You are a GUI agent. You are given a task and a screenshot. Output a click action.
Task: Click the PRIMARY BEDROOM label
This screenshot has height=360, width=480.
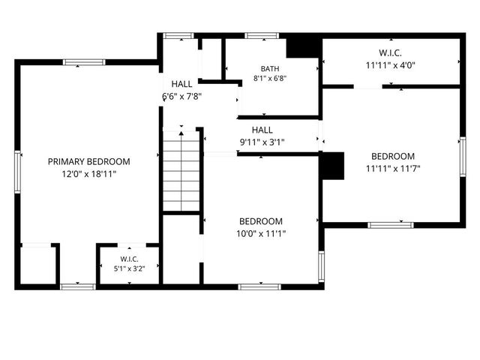[88, 161]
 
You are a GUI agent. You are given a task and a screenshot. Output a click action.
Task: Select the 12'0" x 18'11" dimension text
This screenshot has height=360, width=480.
[89, 174]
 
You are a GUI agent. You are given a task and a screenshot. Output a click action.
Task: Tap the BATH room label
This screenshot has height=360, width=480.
[270, 68]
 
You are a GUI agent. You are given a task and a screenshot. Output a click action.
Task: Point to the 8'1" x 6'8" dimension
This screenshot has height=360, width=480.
[270, 78]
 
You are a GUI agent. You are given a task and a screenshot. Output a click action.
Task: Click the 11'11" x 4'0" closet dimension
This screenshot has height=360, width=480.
[390, 65]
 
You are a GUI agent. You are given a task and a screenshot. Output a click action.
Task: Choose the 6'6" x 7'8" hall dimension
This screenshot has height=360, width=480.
[181, 97]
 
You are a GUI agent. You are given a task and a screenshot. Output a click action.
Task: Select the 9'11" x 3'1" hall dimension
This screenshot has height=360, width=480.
[262, 142]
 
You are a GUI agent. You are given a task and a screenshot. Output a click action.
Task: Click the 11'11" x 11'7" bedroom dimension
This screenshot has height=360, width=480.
[393, 168]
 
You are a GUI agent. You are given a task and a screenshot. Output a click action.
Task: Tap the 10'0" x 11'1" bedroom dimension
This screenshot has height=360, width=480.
[261, 233]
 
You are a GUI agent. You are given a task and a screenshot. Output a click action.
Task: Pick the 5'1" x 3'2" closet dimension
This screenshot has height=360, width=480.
[129, 268]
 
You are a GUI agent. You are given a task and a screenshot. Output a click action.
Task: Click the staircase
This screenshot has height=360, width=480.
[181, 171]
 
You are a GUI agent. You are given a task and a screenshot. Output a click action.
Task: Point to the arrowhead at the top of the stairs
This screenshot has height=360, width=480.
[181, 133]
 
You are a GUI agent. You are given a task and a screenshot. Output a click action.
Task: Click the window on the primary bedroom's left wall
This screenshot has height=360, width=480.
[18, 172]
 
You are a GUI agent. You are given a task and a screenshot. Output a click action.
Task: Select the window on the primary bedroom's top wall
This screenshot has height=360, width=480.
[84, 62]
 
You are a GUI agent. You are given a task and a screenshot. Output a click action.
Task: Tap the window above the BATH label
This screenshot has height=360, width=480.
[262, 35]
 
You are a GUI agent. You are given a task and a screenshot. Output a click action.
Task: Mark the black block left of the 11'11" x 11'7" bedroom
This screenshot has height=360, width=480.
[331, 166]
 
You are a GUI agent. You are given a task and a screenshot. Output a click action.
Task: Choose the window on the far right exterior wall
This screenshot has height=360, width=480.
[463, 157]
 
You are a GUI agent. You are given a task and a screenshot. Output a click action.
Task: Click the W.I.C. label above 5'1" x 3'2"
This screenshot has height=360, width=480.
[129, 259]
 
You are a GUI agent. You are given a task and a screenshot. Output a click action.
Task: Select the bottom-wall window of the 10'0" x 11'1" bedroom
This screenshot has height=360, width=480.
[259, 286]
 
